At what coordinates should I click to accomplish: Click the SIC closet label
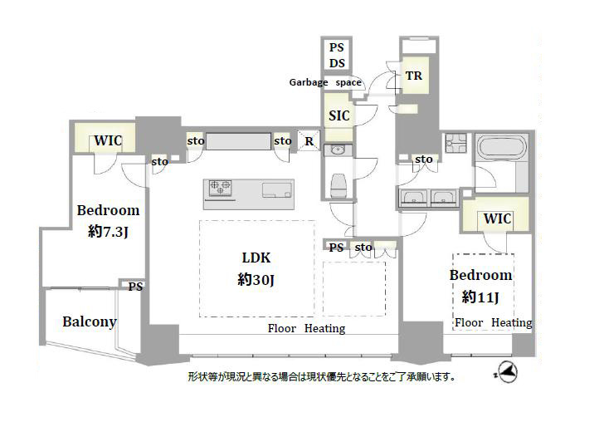pos(339,115)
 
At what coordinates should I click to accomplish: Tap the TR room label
pos(414,76)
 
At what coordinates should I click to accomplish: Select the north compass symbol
pos(507,372)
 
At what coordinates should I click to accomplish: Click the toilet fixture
pos(339,185)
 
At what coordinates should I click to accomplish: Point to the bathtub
pos(501,147)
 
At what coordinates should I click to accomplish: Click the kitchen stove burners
pos(220,188)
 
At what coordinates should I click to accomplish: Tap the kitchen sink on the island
pos(277,189)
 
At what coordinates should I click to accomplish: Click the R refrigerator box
pos(309,140)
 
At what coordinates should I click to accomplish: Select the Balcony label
pos(90,322)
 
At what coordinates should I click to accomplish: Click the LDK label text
pos(256,258)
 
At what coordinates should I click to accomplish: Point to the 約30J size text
pos(256,279)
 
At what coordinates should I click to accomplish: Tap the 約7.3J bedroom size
pos(108,232)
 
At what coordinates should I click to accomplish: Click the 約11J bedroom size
pos(480,297)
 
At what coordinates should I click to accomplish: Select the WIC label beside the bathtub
pos(497,218)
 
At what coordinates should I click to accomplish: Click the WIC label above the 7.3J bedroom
pos(108,140)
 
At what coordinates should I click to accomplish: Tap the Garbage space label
pos(325,82)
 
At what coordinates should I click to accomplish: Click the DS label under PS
pos(337,63)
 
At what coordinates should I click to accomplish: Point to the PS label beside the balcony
pos(135,287)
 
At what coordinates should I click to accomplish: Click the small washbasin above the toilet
pos(338,150)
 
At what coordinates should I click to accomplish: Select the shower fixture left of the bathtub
pos(456,143)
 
